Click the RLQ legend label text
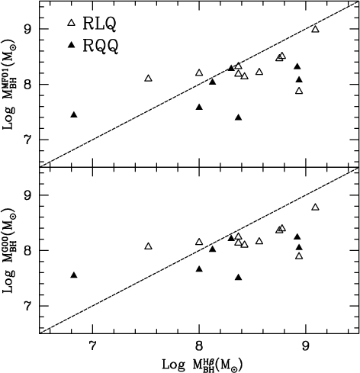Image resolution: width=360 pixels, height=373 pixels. (99, 24)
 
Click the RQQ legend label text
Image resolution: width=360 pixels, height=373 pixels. (101, 46)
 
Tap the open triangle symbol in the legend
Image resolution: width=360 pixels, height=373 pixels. (72, 23)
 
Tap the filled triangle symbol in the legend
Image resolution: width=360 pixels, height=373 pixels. (72, 45)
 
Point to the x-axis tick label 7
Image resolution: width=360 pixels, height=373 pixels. (93, 346)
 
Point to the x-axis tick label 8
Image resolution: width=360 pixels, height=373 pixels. (199, 346)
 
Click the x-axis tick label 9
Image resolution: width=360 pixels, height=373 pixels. (306, 346)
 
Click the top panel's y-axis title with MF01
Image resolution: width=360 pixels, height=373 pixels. (10, 85)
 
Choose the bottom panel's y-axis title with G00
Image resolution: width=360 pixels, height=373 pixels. (10, 250)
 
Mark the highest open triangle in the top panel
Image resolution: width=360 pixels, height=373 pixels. (315, 29)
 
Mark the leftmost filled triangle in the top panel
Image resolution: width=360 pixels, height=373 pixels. (74, 114)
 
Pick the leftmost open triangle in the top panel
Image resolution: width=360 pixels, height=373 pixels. (148, 78)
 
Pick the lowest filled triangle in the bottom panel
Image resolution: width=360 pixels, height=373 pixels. (238, 277)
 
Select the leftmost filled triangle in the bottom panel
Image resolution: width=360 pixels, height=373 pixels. (74, 275)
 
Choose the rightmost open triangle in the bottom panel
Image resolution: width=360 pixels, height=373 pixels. (315, 207)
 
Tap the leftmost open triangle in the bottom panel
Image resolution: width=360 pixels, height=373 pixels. (148, 246)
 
